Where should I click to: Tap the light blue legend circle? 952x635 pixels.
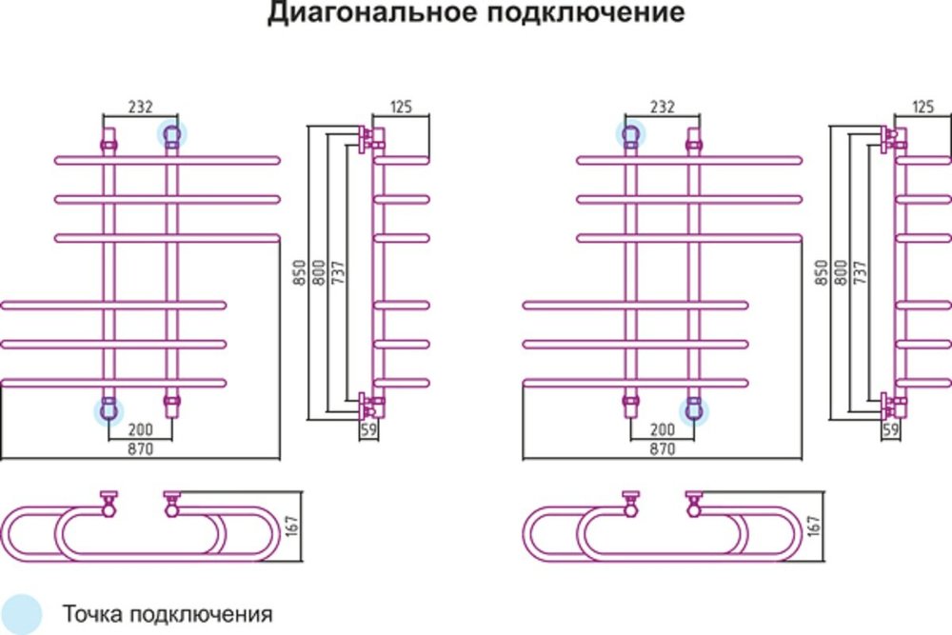tap(21, 612)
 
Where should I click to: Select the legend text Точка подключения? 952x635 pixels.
tap(169, 612)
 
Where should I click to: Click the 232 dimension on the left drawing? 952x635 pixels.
tap(140, 108)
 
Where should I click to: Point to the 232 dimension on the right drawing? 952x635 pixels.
tap(662, 108)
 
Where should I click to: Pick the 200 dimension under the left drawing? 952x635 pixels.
tap(140, 430)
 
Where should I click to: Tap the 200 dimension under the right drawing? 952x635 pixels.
tap(662, 430)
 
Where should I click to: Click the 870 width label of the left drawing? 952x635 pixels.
tap(140, 447)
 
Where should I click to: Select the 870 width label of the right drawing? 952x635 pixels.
tap(662, 447)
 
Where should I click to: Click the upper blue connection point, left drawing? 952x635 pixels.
tap(172, 134)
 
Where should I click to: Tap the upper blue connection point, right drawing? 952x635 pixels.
tap(630, 134)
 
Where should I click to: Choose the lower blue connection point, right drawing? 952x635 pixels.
tap(694, 410)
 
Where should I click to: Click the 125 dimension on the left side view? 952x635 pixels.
tap(400, 107)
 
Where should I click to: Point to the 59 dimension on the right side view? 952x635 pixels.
tap(890, 430)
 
